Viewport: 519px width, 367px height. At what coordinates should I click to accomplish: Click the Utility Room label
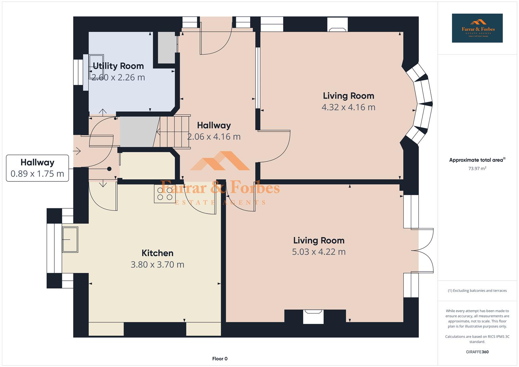point(118,66)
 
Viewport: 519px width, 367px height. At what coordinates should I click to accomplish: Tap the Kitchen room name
point(157,253)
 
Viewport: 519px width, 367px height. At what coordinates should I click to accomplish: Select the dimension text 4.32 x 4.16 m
point(348,107)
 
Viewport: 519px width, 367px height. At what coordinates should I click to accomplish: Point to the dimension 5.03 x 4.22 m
point(319,252)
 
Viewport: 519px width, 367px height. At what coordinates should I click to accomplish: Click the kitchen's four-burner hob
point(165,194)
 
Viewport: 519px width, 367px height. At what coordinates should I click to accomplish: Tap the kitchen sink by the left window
point(70,240)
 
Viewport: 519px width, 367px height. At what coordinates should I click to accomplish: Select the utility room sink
point(97,67)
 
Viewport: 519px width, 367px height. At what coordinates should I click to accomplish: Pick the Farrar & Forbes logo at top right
point(477,28)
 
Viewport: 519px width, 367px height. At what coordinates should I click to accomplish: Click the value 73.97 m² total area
point(477,169)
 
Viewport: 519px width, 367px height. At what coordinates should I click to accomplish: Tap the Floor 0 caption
point(220,359)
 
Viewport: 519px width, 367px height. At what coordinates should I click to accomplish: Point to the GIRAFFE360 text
point(477,352)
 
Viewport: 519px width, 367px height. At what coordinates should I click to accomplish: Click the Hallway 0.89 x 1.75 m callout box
point(37,168)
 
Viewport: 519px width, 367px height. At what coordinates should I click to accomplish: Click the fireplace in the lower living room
point(313,316)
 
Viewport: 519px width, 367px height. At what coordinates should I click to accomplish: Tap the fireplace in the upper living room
point(338,24)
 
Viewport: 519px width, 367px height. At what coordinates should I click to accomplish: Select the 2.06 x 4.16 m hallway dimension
point(214,137)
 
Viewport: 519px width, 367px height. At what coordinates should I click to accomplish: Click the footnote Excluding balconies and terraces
point(477,291)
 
